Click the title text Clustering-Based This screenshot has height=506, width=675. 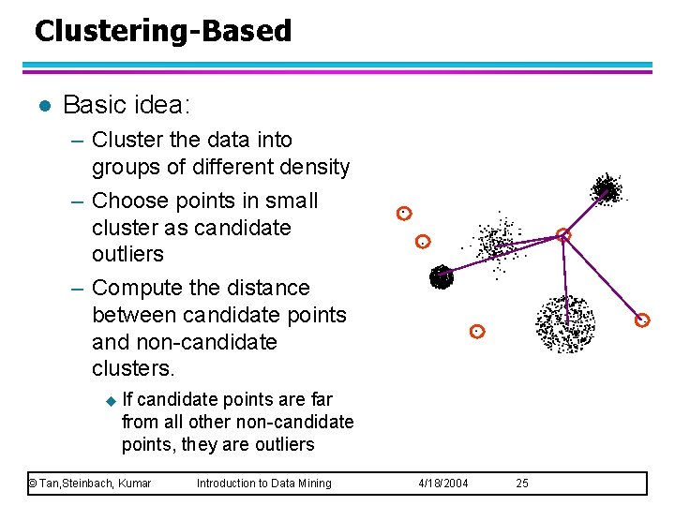pos(163,31)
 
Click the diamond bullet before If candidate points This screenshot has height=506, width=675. pos(110,400)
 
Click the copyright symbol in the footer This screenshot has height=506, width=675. pos(32,484)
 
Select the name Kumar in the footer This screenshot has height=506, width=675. pos(134,484)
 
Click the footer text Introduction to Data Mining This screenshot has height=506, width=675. pos(263,484)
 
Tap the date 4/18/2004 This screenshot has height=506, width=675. pos(442,484)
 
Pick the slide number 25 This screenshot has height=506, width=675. pos(522,484)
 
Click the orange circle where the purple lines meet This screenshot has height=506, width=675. pos(562,235)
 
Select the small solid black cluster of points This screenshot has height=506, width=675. pos(441,276)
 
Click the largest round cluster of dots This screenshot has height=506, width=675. pos(564,323)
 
